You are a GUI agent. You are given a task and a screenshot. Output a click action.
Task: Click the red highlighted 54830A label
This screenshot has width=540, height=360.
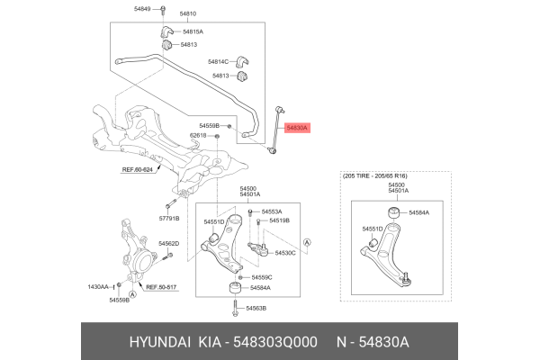(297, 129)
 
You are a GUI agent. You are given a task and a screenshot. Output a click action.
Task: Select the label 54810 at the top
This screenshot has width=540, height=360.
(188, 14)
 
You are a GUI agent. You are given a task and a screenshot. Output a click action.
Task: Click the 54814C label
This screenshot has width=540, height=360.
(220, 61)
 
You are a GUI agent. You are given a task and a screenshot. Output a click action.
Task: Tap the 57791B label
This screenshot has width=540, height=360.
(170, 218)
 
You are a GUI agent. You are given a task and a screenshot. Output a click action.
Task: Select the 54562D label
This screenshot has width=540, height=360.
(169, 244)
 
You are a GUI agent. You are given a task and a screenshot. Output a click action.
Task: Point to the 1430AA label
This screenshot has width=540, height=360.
(98, 286)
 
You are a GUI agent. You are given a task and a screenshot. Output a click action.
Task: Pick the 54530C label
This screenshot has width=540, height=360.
(285, 253)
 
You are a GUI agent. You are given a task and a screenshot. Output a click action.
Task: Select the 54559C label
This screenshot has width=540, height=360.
(262, 277)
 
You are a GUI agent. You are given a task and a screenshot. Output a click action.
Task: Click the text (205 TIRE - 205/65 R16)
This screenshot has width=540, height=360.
(387, 175)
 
